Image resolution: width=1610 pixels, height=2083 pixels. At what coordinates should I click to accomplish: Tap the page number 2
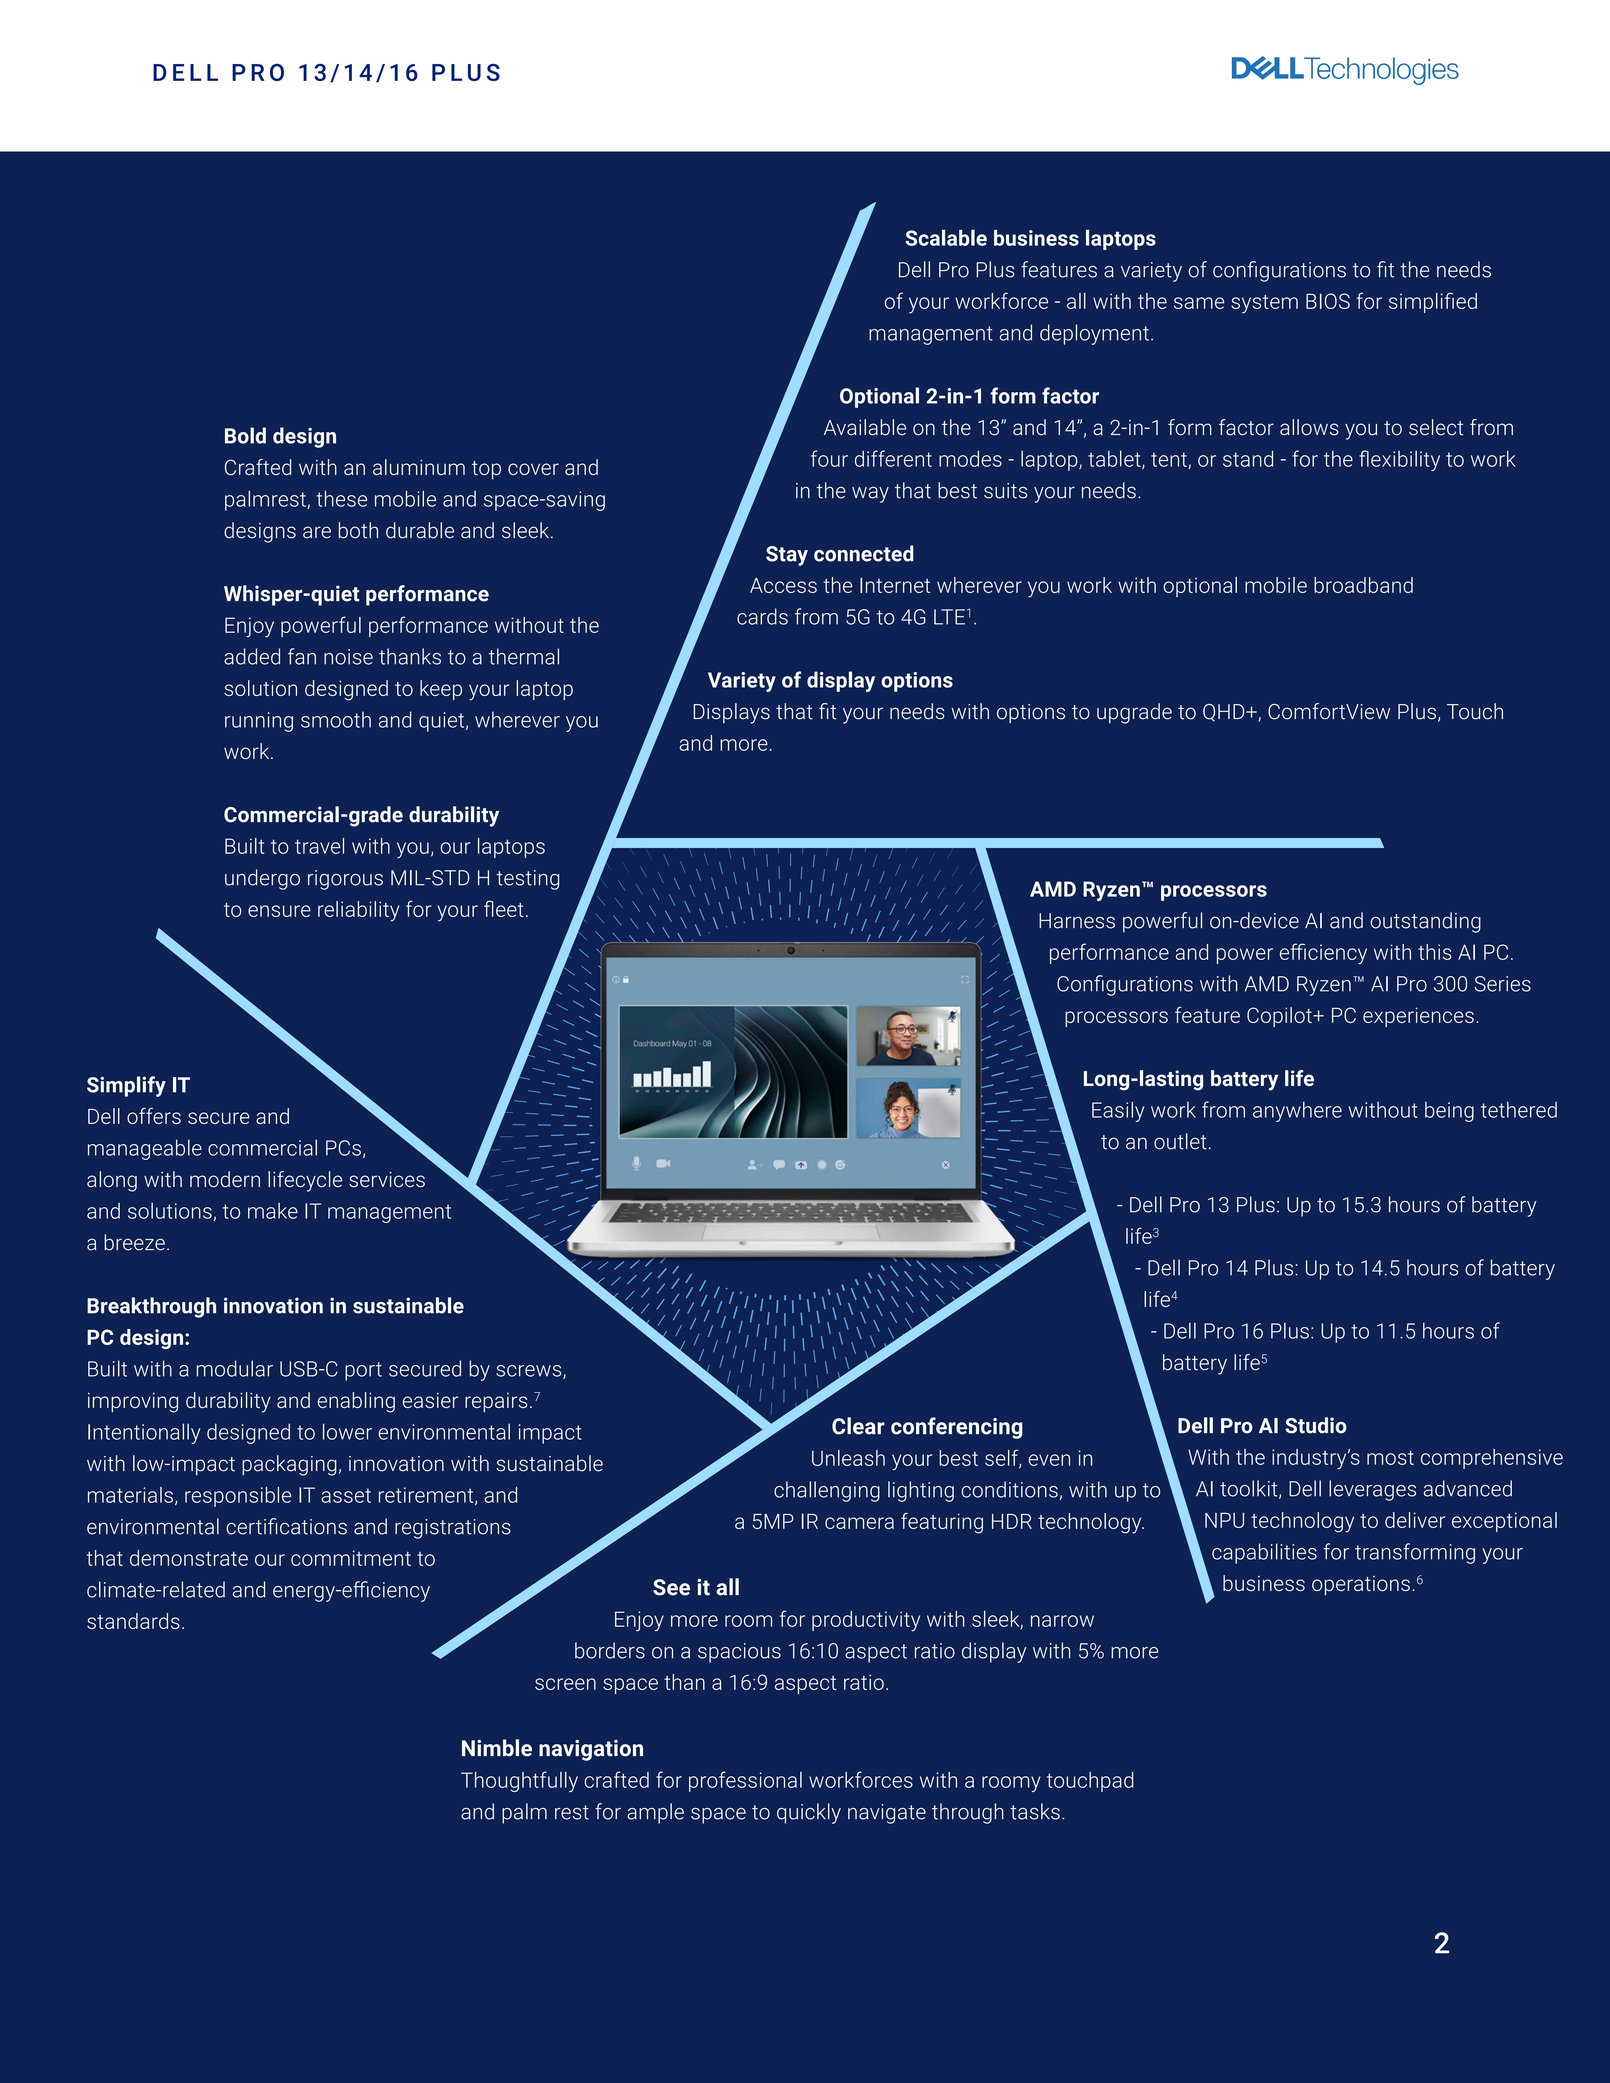click(1441, 1943)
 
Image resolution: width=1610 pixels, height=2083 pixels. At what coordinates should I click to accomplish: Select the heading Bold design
click(279, 436)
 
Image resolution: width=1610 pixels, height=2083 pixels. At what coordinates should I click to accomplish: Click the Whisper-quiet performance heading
click(356, 594)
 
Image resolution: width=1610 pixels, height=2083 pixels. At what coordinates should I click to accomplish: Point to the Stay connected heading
click(839, 554)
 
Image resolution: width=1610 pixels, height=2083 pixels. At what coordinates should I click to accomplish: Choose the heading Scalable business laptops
click(1030, 238)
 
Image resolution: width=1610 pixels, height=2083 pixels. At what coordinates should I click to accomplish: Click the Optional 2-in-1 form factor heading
click(968, 396)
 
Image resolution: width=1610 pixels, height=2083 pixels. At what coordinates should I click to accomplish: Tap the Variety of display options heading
click(830, 680)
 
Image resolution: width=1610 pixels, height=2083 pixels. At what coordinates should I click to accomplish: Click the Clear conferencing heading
click(927, 1427)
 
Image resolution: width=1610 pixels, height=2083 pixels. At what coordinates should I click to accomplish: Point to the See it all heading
click(696, 1587)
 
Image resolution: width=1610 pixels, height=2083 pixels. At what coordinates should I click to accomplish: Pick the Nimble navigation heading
click(552, 1748)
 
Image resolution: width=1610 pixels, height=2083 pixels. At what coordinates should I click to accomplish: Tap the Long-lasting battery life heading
click(1198, 1079)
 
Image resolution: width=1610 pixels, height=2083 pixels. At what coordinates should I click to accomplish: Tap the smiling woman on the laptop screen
click(901, 1109)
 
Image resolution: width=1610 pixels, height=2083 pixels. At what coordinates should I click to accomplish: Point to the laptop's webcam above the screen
click(791, 950)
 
